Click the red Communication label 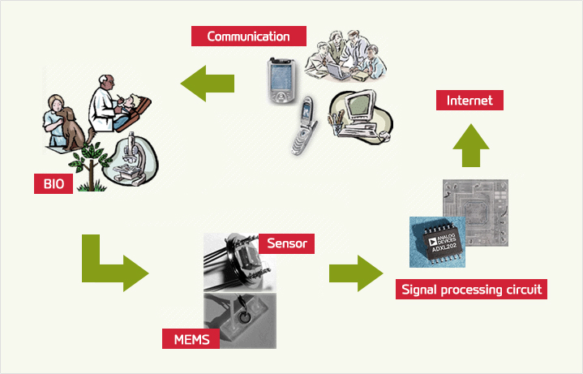click(x=248, y=37)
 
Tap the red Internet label click(x=469, y=101)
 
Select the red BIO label click(x=54, y=184)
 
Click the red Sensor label click(x=285, y=243)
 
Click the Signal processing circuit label click(x=472, y=290)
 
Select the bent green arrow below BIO click(x=109, y=263)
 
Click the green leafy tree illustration click(x=93, y=162)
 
